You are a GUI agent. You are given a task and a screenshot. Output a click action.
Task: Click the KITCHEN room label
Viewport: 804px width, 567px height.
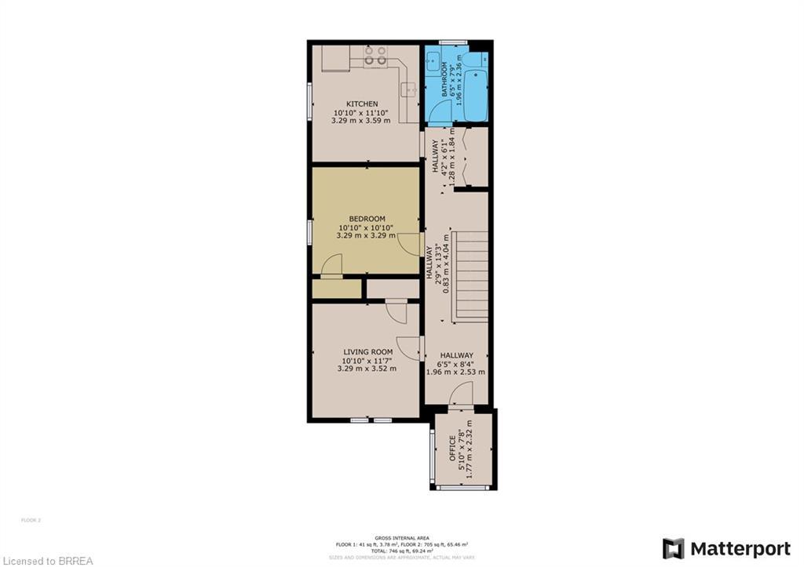pyautogui.click(x=362, y=104)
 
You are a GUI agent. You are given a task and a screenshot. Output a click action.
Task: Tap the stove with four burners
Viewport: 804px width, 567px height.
pyautogui.click(x=375, y=55)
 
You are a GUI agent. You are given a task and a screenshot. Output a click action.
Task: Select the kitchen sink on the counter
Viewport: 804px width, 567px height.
pyautogui.click(x=407, y=89)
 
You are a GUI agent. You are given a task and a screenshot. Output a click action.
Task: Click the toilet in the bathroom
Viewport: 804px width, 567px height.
pyautogui.click(x=474, y=60)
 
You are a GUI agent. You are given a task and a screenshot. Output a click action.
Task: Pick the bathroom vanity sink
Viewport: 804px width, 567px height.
pyautogui.click(x=433, y=60)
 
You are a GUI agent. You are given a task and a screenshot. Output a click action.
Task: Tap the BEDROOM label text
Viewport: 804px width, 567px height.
pyautogui.click(x=367, y=218)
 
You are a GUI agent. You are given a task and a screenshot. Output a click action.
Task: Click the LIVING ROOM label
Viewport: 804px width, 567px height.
pyautogui.click(x=367, y=352)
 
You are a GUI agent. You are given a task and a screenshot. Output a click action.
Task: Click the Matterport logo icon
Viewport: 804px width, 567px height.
pyautogui.click(x=673, y=548)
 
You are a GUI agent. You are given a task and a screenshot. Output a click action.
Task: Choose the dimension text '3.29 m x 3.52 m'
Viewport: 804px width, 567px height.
pyautogui.click(x=367, y=369)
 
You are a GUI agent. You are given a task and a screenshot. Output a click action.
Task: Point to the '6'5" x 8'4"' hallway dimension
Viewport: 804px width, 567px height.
pyautogui.click(x=456, y=364)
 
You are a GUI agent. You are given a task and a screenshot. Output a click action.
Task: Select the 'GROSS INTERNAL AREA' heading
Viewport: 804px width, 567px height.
pyautogui.click(x=401, y=537)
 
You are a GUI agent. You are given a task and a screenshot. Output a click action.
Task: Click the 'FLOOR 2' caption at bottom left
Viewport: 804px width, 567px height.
pyautogui.click(x=31, y=520)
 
